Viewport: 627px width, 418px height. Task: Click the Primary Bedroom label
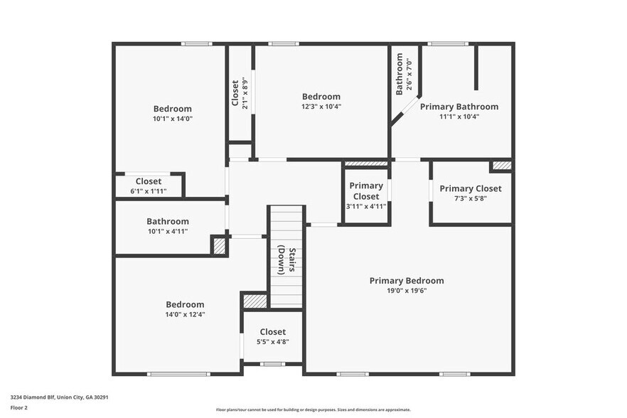[406, 281]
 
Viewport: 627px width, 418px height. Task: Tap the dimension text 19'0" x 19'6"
[406, 290]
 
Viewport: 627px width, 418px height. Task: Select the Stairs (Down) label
[286, 259]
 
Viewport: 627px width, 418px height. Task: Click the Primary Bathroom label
[459, 107]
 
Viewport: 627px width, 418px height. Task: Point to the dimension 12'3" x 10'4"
[321, 107]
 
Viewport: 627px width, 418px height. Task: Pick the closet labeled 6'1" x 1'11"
[149, 186]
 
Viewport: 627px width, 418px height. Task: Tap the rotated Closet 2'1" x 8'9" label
[240, 93]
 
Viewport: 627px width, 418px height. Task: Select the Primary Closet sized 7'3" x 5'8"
[470, 193]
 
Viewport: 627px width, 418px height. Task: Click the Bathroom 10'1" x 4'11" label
[168, 225]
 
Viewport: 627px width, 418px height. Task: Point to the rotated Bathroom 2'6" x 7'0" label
[403, 75]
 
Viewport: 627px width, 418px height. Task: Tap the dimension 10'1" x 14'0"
[172, 119]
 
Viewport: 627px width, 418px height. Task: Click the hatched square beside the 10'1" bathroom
[220, 246]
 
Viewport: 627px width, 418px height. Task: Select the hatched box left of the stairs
[254, 301]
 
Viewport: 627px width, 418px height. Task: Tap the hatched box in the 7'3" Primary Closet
[501, 166]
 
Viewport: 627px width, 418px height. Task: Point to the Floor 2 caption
[18, 408]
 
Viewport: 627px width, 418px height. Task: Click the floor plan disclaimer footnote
[313, 409]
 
